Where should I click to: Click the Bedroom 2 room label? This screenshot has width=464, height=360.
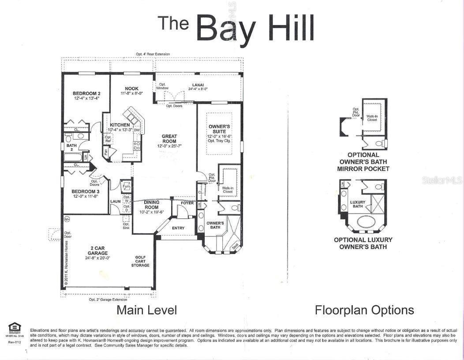tap(86, 94)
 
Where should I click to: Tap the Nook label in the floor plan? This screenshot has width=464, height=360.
tap(131, 89)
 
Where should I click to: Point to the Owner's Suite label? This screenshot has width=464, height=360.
tap(219, 129)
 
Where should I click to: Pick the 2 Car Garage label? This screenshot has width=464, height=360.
tap(97, 251)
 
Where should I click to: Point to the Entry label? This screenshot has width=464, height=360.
tap(178, 228)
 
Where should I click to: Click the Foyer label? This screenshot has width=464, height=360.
tap(187, 203)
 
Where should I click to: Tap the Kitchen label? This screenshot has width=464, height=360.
tap(120, 125)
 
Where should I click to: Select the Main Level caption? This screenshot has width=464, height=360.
tap(146, 310)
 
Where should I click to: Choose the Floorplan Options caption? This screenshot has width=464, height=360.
tap(364, 310)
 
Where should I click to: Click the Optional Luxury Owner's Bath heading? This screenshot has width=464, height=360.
tap(363, 243)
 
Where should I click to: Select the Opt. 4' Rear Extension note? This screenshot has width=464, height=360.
tap(153, 54)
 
